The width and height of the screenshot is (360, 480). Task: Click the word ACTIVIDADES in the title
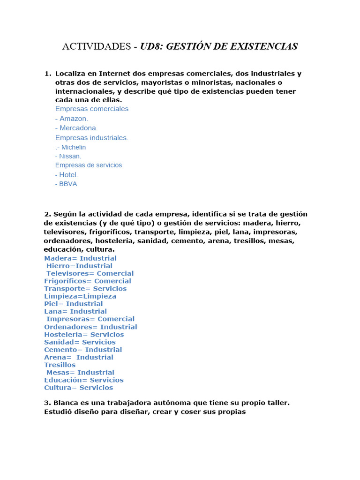coord(97,46)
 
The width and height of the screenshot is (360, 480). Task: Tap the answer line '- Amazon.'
coord(71,119)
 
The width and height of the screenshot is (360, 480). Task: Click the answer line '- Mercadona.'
coord(76,128)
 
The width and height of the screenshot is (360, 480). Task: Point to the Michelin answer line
coord(70,147)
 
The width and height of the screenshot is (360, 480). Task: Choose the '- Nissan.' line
coord(68,156)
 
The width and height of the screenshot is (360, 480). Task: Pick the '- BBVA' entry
coord(66,184)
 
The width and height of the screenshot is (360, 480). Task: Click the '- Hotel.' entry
coord(67,175)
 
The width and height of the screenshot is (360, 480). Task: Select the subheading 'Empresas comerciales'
coord(92,109)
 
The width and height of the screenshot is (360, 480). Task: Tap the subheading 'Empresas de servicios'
coord(89,165)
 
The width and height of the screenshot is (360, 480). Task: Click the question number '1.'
coord(48,74)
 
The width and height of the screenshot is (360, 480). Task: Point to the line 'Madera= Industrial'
coord(80,258)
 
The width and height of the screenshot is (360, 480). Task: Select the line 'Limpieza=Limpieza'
coord(80,296)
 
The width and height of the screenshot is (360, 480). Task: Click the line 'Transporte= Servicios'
coord(85,289)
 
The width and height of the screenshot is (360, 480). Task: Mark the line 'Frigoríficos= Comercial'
coord(88,281)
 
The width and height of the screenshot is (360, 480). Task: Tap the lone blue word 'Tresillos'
coord(60,365)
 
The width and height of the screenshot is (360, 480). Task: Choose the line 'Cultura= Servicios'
coord(78,388)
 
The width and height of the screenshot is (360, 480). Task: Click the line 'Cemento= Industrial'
coord(83,350)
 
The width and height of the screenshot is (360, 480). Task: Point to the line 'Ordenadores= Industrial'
coord(90,327)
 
